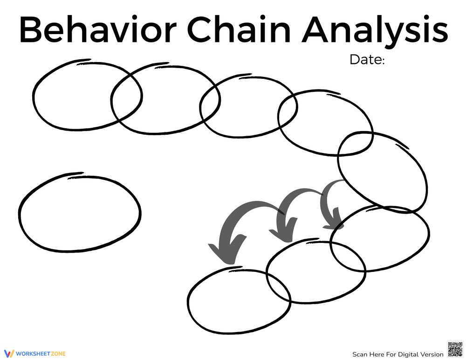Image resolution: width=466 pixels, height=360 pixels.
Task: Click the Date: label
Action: pos(367,60)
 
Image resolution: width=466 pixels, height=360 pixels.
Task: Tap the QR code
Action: pos(455,349)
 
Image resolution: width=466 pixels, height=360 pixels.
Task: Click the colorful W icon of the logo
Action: pos(10,353)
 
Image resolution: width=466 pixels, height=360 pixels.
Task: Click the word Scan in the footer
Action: pos(360,354)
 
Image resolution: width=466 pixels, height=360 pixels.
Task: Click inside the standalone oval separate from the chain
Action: pos(79,213)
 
